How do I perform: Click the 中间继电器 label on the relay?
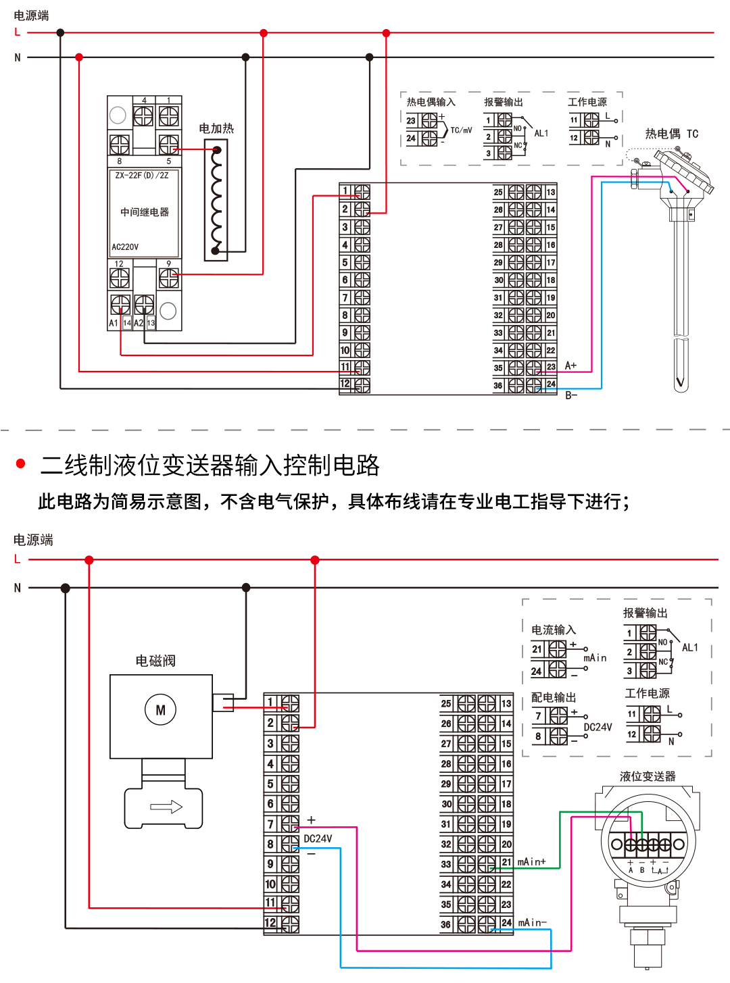145,212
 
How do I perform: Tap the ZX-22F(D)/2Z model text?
142,176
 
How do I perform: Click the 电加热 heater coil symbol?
216,200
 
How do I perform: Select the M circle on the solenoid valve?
160,710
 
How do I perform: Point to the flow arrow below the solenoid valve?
166,807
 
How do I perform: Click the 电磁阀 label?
155,661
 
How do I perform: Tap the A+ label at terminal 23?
570,366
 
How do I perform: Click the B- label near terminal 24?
571,395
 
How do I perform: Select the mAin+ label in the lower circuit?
531,862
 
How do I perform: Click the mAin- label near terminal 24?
532,923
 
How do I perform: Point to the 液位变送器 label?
648,776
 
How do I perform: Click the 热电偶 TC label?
671,134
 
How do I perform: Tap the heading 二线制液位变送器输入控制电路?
210,465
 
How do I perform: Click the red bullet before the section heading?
20,463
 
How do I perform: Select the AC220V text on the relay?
125,247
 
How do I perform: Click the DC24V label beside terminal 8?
318,838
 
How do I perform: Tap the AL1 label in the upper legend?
541,133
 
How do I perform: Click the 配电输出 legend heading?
554,697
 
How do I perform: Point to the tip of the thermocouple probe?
681,384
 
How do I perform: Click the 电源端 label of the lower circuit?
33,540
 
